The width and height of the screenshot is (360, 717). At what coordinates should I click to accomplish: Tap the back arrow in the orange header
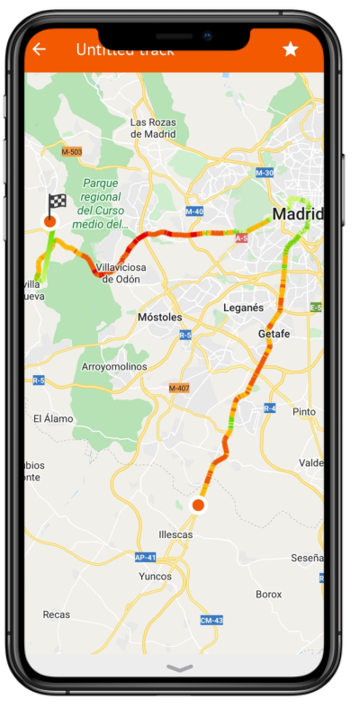[x=39, y=49]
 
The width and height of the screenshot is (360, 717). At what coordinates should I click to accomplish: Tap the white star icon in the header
[x=290, y=49]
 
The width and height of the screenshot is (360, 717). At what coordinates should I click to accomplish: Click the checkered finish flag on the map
[x=56, y=202]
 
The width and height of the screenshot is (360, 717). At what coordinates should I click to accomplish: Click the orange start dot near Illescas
[x=199, y=506]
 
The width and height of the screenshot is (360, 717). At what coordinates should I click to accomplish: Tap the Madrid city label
[x=297, y=215]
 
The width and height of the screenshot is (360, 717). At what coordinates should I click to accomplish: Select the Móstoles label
[x=160, y=318]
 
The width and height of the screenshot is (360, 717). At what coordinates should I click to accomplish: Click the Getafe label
[x=274, y=334]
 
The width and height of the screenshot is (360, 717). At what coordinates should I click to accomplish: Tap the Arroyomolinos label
[x=112, y=367]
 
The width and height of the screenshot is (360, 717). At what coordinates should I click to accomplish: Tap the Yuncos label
[x=155, y=577]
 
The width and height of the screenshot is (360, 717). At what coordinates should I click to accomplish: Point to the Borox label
[x=268, y=595]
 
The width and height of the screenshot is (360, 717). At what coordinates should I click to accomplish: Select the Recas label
[x=56, y=614]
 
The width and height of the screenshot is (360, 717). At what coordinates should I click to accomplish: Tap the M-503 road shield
[x=72, y=151]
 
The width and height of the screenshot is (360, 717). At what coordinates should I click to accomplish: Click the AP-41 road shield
[x=146, y=557]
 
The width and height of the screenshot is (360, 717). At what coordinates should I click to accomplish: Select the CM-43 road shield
[x=211, y=621]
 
